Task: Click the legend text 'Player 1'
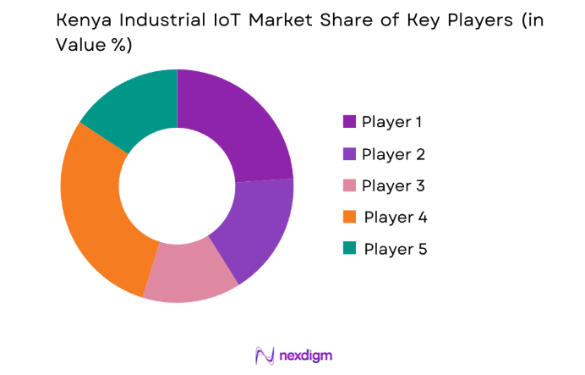point(391,122)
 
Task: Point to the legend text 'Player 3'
point(392,185)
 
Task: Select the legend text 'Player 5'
point(395,249)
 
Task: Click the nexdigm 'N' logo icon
point(265,355)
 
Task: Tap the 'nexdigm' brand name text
point(306,355)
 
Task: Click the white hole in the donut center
point(177,185)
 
